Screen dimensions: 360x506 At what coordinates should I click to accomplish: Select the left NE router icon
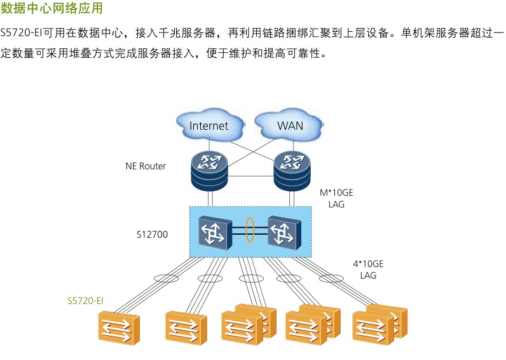point(209,170)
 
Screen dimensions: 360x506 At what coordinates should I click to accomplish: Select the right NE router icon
point(291,170)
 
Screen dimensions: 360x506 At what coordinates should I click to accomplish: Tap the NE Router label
point(146,167)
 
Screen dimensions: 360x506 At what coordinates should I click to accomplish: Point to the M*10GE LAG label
point(336,198)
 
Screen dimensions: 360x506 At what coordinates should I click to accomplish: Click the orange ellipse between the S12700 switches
point(250,230)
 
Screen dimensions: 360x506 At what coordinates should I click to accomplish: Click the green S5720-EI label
point(85,300)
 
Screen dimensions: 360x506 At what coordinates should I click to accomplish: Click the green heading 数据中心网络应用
point(51,10)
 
